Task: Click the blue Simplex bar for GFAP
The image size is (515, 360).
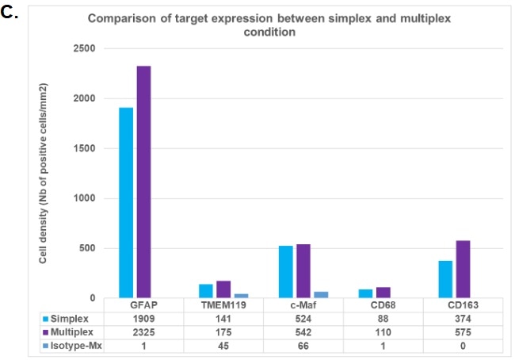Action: coord(126,202)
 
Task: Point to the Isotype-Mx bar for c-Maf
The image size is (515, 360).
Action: coord(320,295)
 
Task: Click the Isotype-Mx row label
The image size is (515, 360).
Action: coord(78,346)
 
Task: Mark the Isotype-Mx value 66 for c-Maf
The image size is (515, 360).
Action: coord(293,346)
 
